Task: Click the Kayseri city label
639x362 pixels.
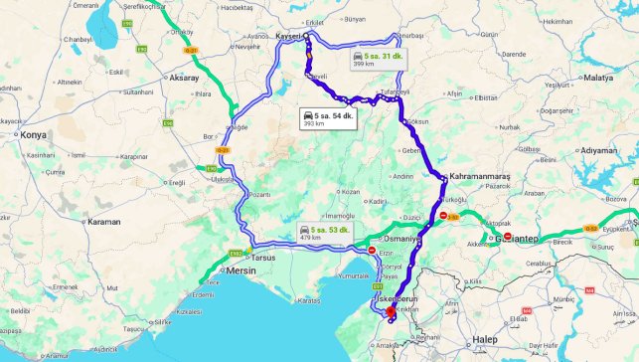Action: [x=286, y=35]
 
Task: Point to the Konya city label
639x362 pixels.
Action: [x=34, y=135]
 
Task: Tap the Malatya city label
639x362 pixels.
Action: [x=599, y=77]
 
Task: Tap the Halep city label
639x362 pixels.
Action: [x=513, y=340]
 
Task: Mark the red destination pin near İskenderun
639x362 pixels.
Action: [x=390, y=312]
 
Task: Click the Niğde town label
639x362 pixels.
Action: [x=239, y=127]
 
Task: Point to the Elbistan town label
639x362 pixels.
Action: [x=486, y=97]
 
